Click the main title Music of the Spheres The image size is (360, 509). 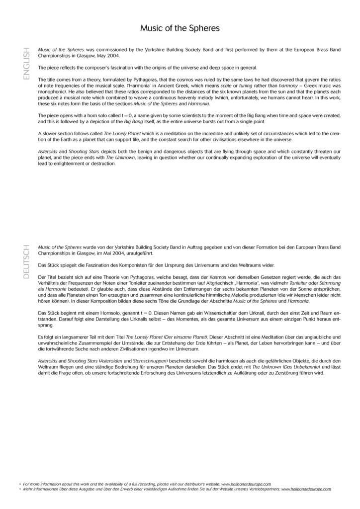(180, 28)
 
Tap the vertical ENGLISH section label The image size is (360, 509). (26, 65)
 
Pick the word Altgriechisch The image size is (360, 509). (216, 282)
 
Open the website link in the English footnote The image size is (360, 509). (246, 483)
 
